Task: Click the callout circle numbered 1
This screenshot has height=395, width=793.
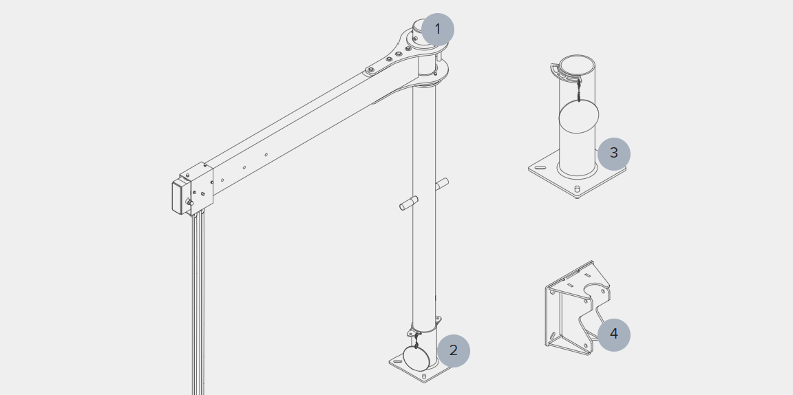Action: coord(437,30)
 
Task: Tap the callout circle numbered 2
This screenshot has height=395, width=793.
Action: coord(453,350)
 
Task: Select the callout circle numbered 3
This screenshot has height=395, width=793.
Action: coord(613,153)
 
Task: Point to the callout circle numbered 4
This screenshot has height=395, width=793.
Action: coord(613,335)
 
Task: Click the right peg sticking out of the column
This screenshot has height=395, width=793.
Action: coord(442,184)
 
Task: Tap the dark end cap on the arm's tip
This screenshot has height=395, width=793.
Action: coord(177,196)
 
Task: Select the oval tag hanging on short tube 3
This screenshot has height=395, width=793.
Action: coord(578,117)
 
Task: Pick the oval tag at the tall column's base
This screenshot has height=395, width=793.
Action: coord(416,357)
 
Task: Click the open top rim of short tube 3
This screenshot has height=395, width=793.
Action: coord(577,65)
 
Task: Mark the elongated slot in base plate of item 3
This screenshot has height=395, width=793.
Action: coord(541,167)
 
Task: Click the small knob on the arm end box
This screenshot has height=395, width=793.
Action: coord(189,202)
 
